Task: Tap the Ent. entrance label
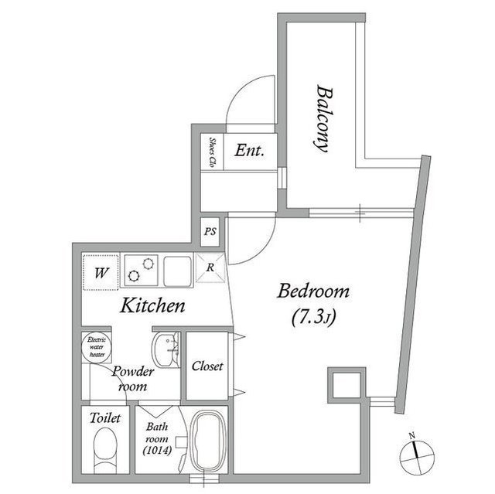pos(250,152)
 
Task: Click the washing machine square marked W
pos(101,272)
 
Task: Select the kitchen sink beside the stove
pos(178,271)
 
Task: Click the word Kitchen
pos(152,306)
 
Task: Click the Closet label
pos(207,366)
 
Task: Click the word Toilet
pos(104,418)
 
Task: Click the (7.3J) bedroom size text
pos(313,316)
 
